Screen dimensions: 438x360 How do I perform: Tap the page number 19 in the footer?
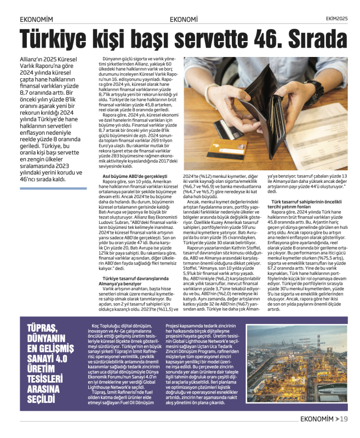click(344, 419)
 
